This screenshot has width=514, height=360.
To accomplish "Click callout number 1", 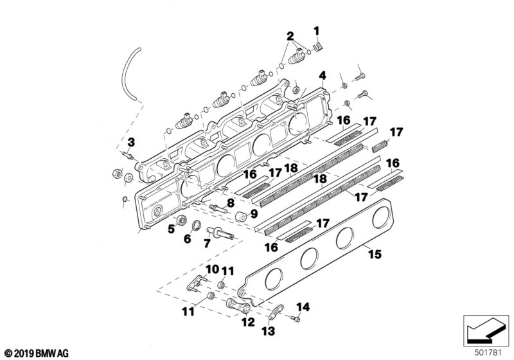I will click(316, 30).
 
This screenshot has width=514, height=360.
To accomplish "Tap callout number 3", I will click(130, 142).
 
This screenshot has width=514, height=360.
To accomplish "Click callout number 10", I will click(212, 267).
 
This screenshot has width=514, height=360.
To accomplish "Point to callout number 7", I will click(207, 244).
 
